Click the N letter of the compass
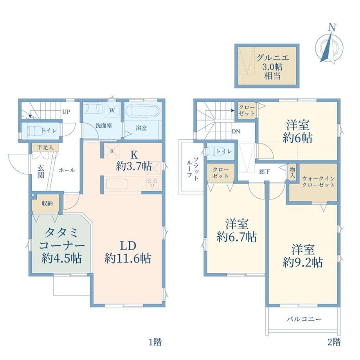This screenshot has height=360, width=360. pos(332,27)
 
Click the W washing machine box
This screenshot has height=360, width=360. pos(112,110)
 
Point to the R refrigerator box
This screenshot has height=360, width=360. pos(112,151)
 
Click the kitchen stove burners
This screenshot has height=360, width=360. pos(152,184)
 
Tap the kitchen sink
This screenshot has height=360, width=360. pos(117,184)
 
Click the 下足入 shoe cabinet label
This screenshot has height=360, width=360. pos(45,148)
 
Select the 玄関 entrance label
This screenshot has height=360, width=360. pos(41,171)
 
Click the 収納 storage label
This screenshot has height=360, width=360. pos(47,203)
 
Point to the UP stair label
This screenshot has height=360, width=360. pos(66,112)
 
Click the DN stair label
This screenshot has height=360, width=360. pos(236,131)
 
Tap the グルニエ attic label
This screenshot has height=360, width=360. pos(272,58)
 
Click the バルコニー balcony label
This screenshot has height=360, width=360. pos(304,319)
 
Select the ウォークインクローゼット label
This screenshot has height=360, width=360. pos(318,182)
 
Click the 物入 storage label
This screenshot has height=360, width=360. pos(292,173)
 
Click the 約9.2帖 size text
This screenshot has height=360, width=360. pos(303,262)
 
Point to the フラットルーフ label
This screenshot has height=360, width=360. pos(193,167)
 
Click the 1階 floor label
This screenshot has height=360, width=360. pos(155,342)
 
